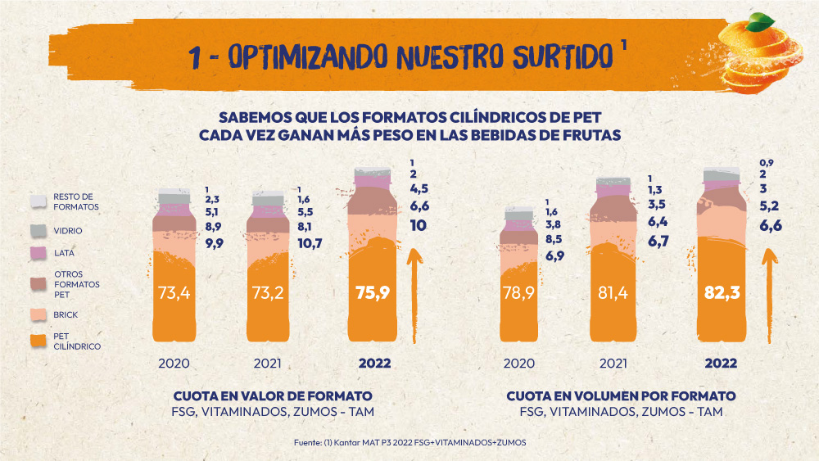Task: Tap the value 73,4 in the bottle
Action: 174,292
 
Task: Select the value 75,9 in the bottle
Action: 373,292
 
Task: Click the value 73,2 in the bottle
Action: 268,292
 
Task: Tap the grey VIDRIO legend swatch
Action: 38,231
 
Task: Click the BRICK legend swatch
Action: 38,314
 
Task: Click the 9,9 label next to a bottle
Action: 215,242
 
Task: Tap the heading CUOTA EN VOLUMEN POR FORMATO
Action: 621,395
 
